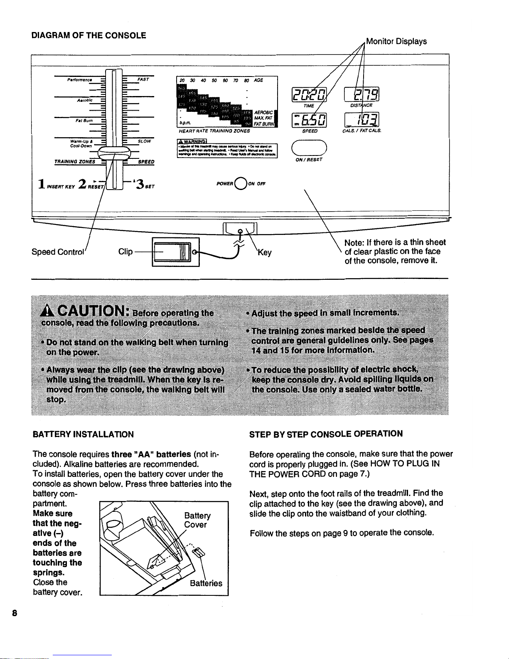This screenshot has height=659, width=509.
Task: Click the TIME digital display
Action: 309,95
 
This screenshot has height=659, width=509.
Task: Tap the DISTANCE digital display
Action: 362,95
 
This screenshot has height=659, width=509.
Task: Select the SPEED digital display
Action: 310,120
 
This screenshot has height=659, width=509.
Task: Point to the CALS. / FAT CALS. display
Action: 362,120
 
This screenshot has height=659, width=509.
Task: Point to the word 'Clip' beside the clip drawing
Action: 125,252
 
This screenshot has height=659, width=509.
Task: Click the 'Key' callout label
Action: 265,252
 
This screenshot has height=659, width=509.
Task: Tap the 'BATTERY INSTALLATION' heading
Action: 83,434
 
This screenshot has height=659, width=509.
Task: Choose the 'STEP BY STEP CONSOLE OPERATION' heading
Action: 326,434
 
